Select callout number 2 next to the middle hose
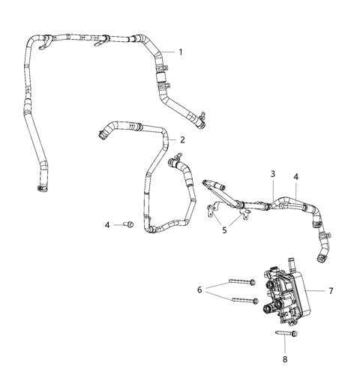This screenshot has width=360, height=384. point(182,139)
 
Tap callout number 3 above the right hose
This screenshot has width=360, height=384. point(274,173)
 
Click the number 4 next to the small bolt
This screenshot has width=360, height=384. point(107,224)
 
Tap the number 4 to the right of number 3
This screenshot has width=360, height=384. point(296,176)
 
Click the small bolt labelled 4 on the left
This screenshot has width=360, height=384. point(127,223)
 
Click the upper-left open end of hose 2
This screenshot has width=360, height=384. point(100,135)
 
